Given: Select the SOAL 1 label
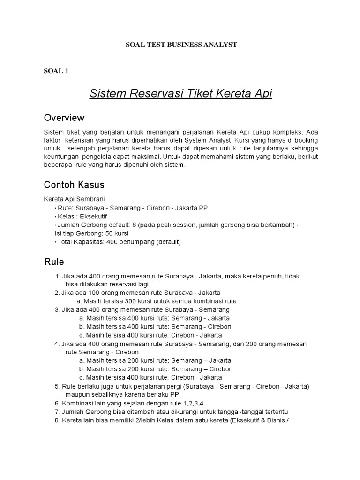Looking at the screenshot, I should (x=56, y=71).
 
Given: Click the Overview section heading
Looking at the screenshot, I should (x=64, y=117).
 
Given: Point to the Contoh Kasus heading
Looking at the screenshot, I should (x=74, y=184).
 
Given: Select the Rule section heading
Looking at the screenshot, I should (x=54, y=262).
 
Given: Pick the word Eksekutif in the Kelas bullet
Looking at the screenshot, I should (x=94, y=216).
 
